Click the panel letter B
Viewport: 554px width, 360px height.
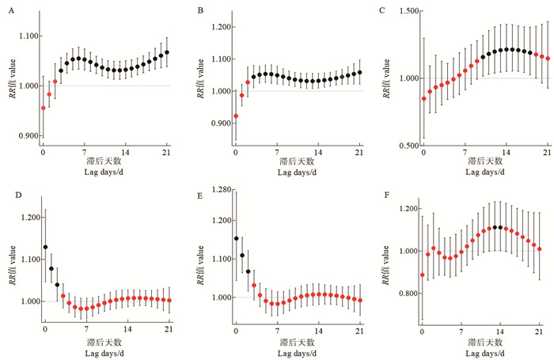click(201, 10)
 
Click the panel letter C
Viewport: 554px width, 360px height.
click(383, 10)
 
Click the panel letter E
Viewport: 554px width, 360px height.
click(201, 190)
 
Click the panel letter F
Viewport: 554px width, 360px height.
click(383, 190)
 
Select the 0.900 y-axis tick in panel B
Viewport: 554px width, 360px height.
click(212, 123)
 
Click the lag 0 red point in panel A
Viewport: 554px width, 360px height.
click(44, 108)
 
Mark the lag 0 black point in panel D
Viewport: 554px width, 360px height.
click(45, 247)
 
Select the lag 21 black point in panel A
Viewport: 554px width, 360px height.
click(167, 53)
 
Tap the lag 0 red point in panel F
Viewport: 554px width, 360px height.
click(423, 275)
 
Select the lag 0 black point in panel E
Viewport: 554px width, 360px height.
click(236, 238)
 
